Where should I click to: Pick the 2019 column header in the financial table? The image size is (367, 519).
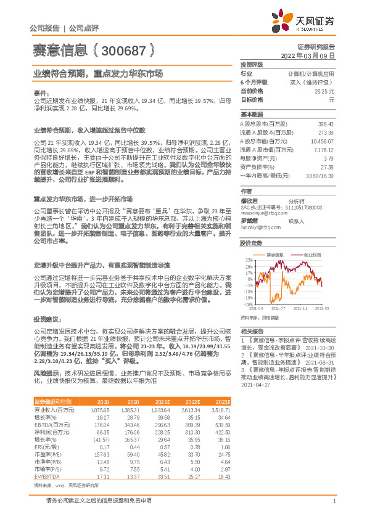[x=104, y=401]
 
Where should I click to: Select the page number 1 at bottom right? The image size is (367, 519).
[x=333, y=501]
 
